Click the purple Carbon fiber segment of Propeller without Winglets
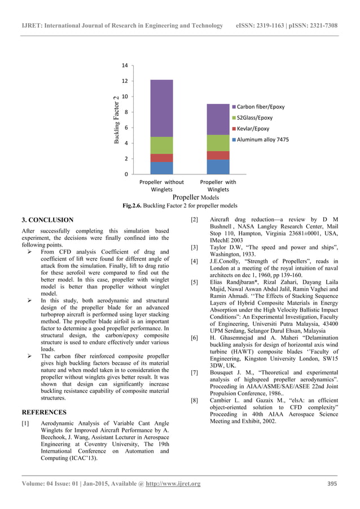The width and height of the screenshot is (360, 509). [161, 108]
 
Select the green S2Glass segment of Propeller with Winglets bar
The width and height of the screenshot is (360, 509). [218, 143]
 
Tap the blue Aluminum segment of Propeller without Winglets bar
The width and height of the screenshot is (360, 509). [161, 168]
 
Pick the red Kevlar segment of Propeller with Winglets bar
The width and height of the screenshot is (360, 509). [218, 155]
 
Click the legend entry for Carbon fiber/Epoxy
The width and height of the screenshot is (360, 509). [260, 107]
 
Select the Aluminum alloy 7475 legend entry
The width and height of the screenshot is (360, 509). [262, 139]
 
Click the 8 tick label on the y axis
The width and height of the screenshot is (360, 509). [128, 112]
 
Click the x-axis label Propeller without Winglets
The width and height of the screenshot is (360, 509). [161, 186]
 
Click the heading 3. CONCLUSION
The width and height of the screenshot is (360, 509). [47, 220]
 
